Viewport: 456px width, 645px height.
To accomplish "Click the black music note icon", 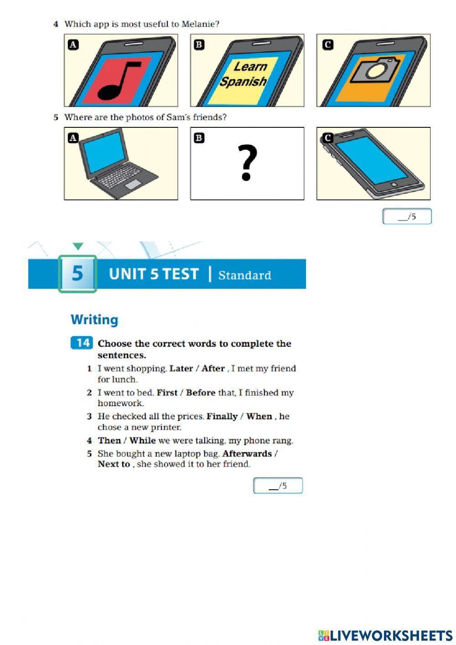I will pos(118,81).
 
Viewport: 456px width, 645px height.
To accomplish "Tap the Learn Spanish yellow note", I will pos(244,74).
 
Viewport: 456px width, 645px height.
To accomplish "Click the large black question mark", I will pos(247,163).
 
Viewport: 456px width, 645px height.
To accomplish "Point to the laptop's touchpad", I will pos(133,184).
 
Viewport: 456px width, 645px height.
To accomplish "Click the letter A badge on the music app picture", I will pos(73,45).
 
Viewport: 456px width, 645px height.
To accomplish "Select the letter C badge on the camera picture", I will pos(327,45).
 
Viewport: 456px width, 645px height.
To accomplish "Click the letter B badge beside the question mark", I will pos(199,138).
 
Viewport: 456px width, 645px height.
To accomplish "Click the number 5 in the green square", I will pos(78,273).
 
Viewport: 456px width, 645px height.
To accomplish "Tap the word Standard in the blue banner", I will pos(244,275).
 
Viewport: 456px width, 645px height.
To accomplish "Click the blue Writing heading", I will pos(94,320).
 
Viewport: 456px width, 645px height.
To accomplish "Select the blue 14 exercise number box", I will pos(82,343).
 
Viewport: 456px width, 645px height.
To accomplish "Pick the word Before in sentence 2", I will pos(200,393).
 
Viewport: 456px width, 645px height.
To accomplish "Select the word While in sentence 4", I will pos(142,440).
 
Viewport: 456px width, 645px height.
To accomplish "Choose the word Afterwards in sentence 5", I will pos(247,454).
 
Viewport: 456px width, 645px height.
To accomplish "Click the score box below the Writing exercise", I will pos(278,486).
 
